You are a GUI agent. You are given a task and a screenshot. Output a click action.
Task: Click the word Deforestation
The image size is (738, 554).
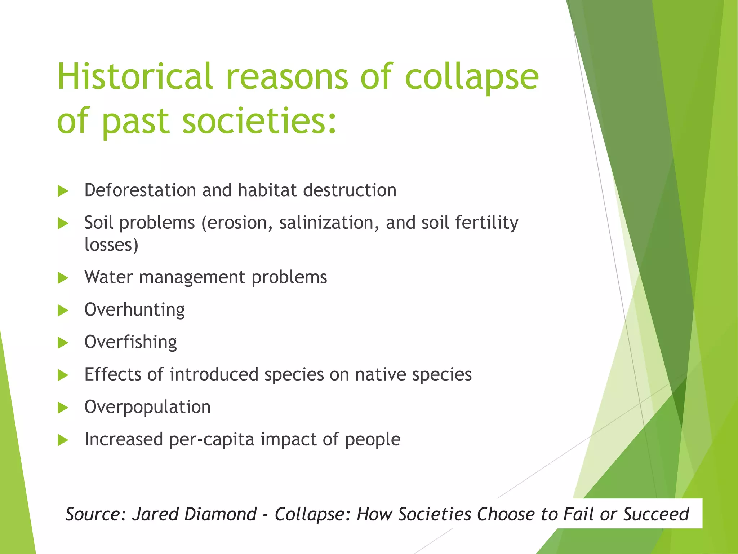[x=140, y=190]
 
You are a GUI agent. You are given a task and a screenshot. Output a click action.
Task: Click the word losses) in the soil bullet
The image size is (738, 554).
[x=111, y=245]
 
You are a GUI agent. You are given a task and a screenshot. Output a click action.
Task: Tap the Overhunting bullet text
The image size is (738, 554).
[x=134, y=310]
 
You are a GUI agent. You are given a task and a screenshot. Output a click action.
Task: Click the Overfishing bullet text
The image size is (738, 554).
[x=130, y=342]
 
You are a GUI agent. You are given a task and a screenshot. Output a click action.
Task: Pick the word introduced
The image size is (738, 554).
[x=214, y=374]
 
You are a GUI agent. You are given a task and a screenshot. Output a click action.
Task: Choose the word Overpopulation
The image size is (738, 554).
[x=147, y=407]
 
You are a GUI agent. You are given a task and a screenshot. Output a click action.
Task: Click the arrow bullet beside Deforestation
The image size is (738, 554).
[x=63, y=191]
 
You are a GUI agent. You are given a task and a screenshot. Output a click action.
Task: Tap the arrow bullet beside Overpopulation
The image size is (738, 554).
[x=63, y=408]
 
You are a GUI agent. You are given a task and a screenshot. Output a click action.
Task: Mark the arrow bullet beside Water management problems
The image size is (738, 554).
[x=63, y=278]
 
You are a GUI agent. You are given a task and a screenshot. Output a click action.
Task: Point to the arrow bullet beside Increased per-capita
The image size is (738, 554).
[x=63, y=440]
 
